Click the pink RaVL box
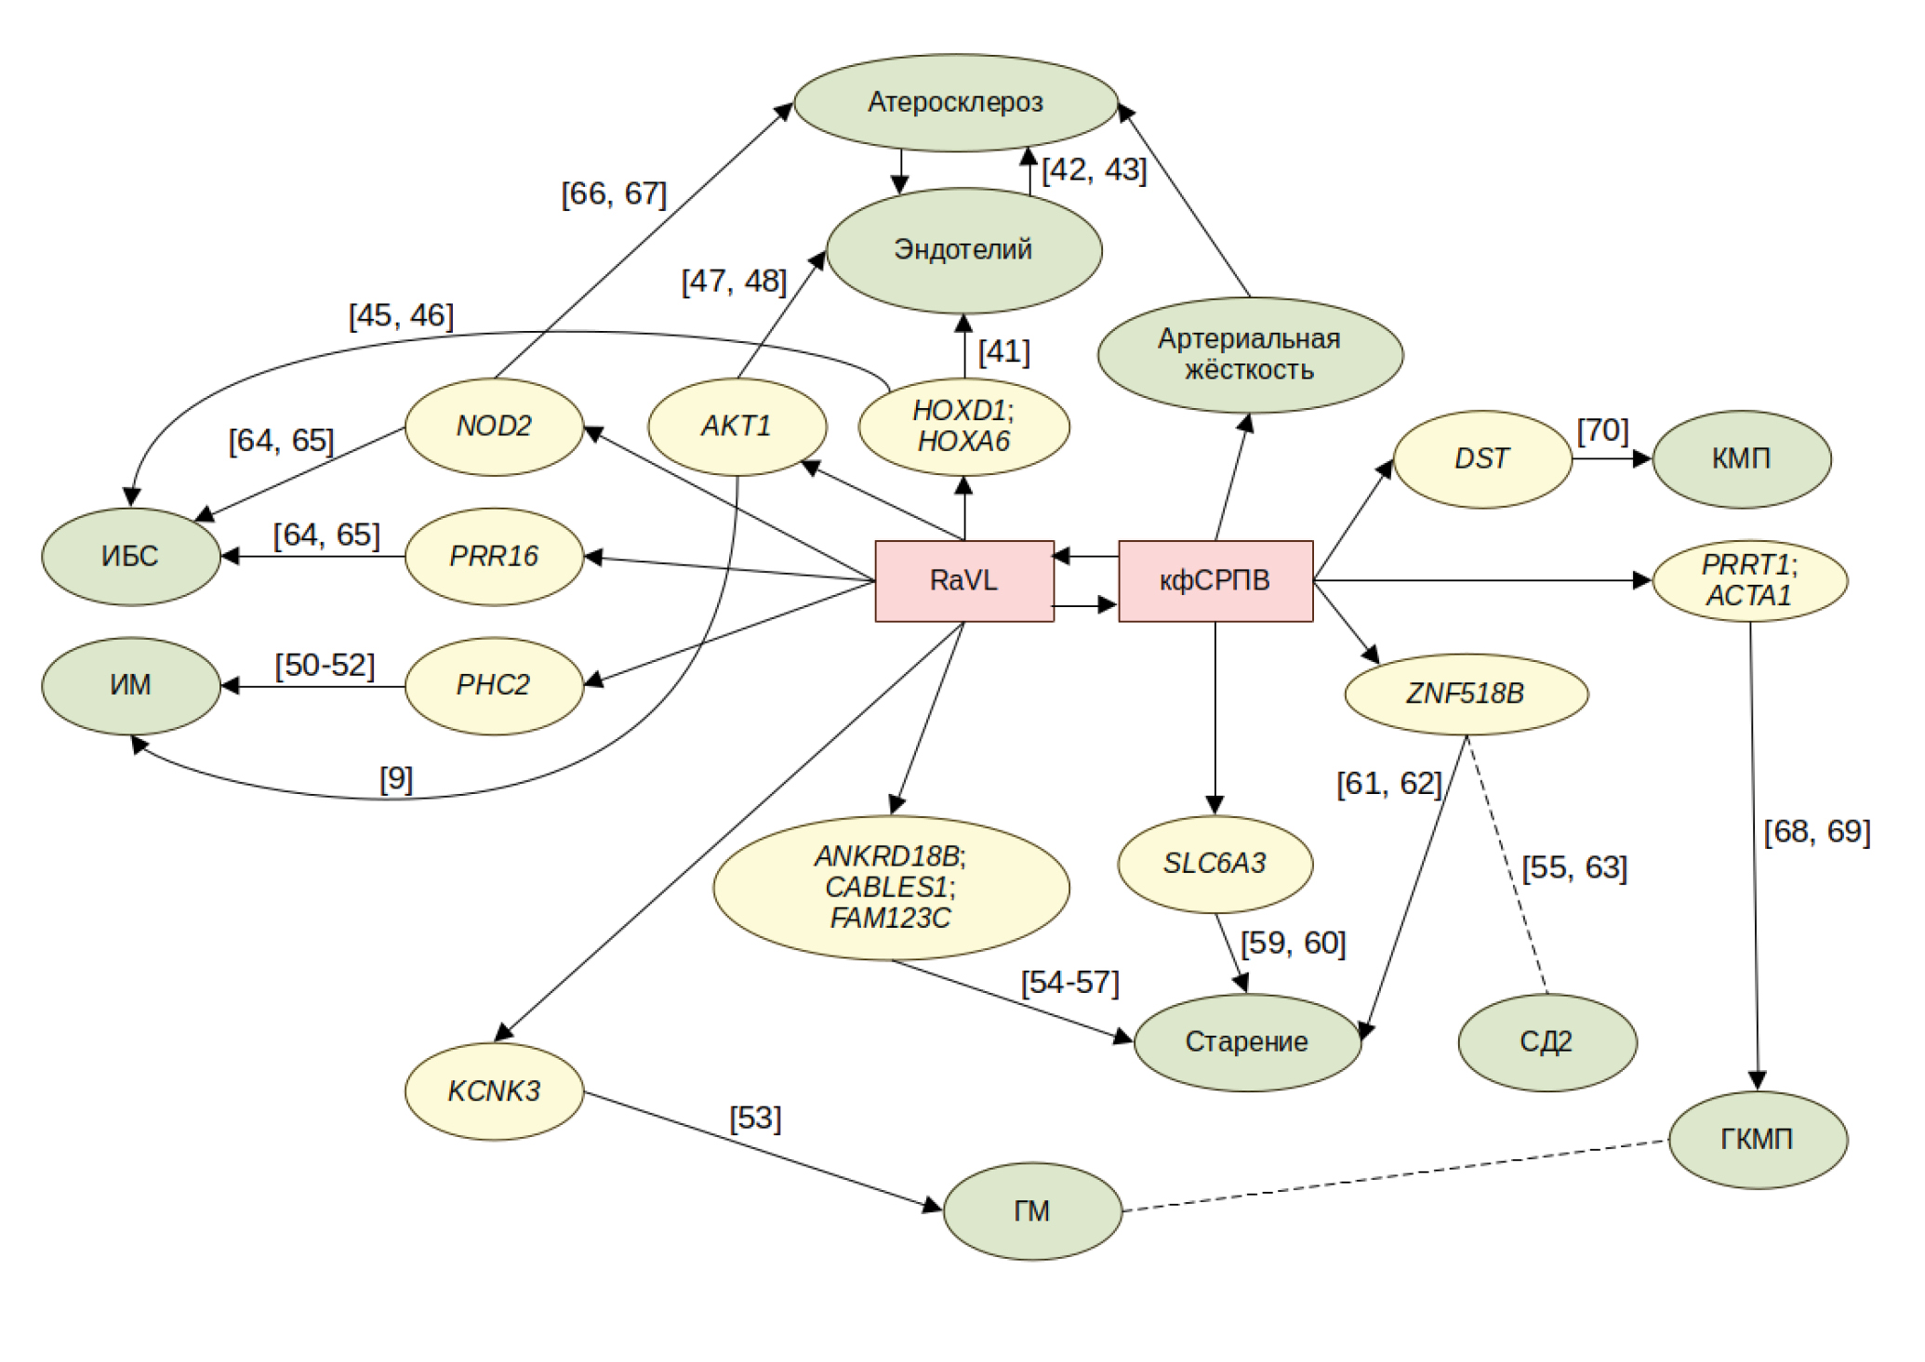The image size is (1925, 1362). point(963,581)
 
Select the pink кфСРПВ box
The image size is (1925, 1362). point(1215,581)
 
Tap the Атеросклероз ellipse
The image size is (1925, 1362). point(955,102)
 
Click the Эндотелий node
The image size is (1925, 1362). point(963,250)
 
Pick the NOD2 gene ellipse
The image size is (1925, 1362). point(494,427)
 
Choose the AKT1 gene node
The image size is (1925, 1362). point(737,427)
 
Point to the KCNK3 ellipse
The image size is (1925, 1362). point(494,1091)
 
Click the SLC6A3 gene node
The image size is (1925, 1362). point(1215,864)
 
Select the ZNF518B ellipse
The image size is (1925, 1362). point(1466,694)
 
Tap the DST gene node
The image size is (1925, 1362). point(1482,459)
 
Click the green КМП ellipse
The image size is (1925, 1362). point(1741,459)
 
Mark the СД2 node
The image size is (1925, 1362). point(1547,1042)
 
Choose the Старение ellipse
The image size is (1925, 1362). point(1247,1042)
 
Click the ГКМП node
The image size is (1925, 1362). point(1757,1140)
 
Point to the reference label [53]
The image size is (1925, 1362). point(755,1117)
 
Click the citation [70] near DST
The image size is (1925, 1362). point(1602,430)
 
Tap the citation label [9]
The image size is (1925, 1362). point(396,779)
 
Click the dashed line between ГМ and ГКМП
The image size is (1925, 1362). point(1395,1176)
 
